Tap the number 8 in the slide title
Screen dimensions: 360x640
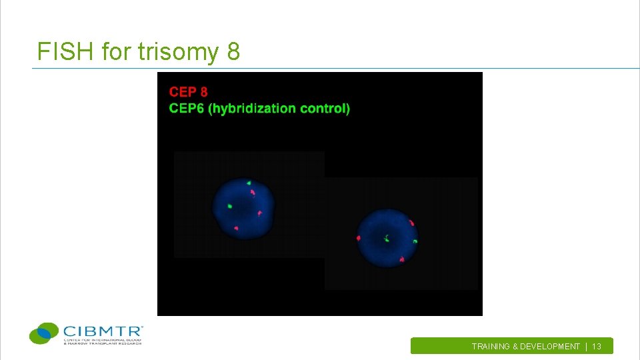coord(233,51)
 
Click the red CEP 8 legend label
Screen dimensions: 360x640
coord(188,92)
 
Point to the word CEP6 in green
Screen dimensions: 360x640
coord(187,109)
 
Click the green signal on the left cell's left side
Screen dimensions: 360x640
coord(229,206)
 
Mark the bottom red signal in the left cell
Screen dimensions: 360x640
coord(236,229)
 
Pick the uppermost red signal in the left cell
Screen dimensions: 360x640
coord(253,193)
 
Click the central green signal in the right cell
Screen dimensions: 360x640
coord(387,237)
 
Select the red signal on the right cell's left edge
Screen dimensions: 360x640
coord(359,238)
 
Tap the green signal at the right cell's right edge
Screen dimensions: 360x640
coord(415,241)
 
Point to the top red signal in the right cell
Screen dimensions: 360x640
coord(412,223)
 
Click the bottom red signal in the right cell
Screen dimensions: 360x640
coord(403,259)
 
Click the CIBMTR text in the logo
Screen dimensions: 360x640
coord(103,330)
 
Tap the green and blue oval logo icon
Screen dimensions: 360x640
coord(44,332)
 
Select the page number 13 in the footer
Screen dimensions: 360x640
coord(597,347)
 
